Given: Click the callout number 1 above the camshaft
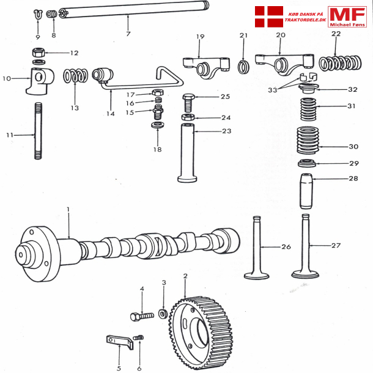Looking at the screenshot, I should tap(68, 210).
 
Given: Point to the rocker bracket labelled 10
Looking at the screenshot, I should tap(39, 80).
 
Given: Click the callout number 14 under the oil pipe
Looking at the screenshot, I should tap(111, 113).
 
